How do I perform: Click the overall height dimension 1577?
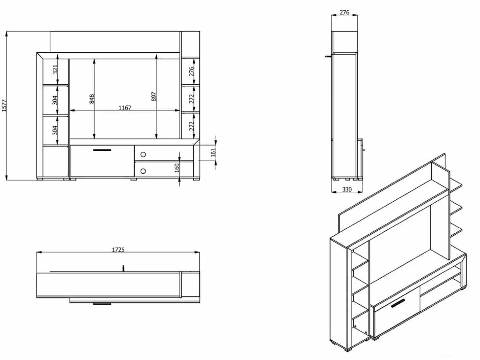click(x=4, y=106)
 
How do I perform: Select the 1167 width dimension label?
click(x=125, y=108)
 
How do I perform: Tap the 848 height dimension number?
click(x=92, y=99)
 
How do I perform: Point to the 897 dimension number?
click(x=154, y=97)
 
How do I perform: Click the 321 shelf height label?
click(x=55, y=69)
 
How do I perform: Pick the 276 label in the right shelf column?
click(x=192, y=71)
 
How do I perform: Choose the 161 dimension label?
click(x=213, y=152)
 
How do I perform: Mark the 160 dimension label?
click(x=177, y=168)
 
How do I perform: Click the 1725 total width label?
click(x=118, y=250)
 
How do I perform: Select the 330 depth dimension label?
click(x=347, y=189)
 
